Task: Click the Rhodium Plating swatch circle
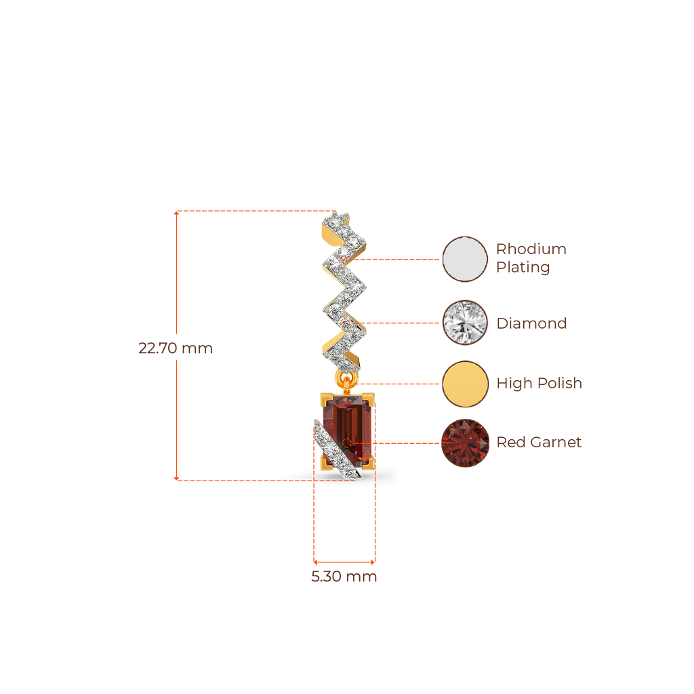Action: click(x=465, y=259)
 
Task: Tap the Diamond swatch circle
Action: click(x=465, y=323)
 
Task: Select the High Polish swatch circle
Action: click(x=465, y=384)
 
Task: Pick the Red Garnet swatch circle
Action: click(x=465, y=443)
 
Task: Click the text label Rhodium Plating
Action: click(x=531, y=258)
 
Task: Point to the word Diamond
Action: click(x=531, y=323)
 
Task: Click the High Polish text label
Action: click(x=539, y=384)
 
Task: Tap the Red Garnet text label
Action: click(x=539, y=443)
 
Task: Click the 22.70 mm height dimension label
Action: click(x=175, y=348)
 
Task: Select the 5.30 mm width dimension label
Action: click(x=344, y=577)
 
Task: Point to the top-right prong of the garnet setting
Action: click(x=369, y=396)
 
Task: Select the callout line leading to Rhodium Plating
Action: click(x=400, y=259)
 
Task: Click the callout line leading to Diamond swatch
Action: click(x=403, y=323)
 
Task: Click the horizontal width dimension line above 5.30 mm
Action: click(x=344, y=562)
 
